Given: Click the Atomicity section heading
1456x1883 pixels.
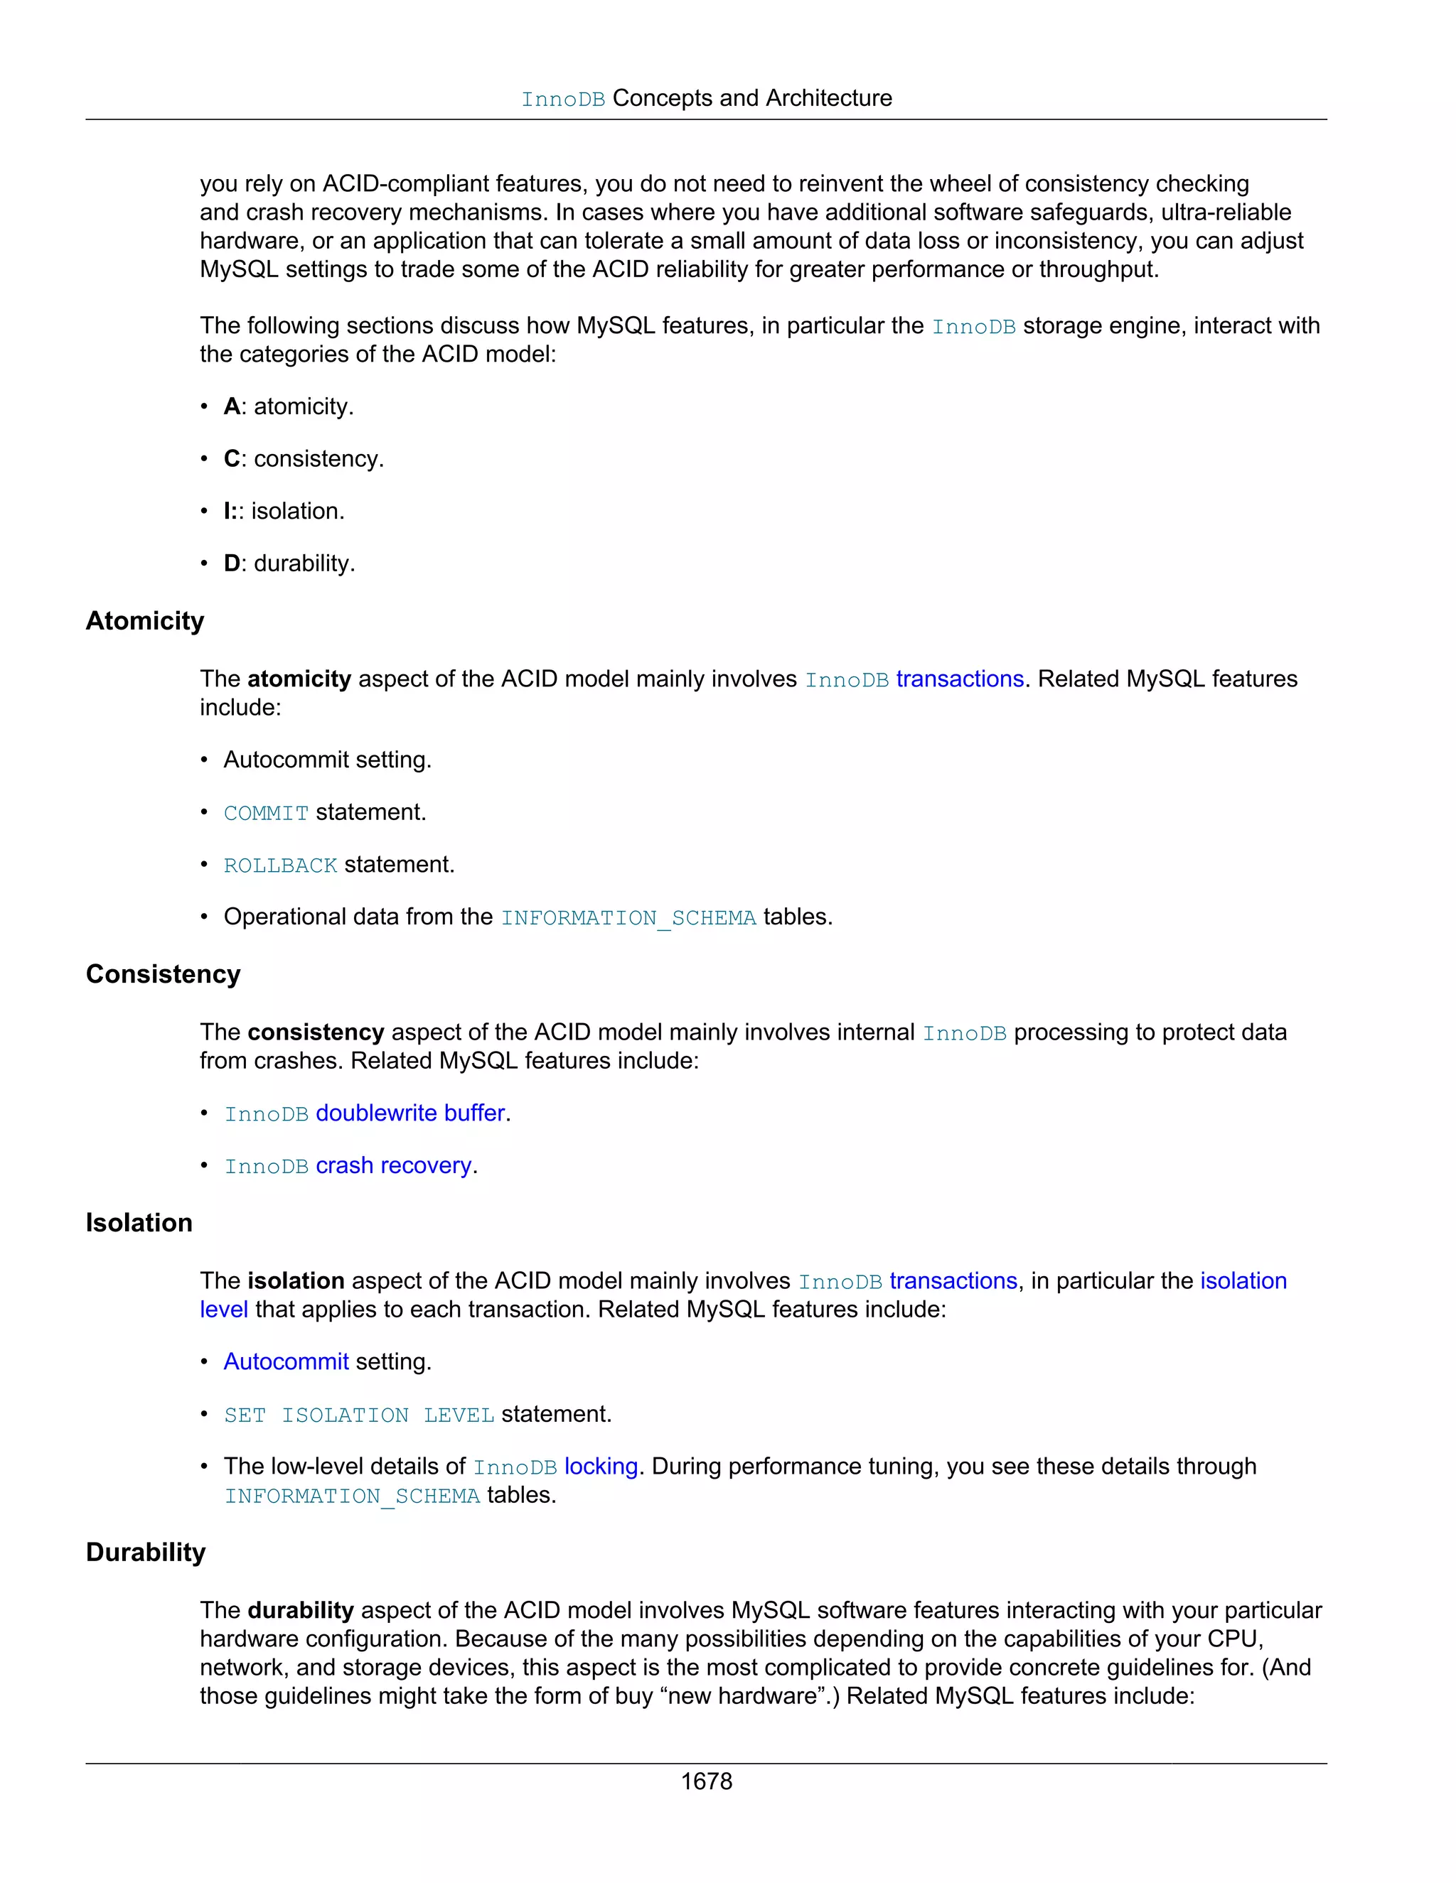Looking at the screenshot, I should click(145, 621).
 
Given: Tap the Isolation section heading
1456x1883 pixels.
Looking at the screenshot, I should click(139, 1223).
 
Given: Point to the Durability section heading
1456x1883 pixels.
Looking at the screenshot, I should click(146, 1552).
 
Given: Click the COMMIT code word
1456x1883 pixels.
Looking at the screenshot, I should click(266, 813).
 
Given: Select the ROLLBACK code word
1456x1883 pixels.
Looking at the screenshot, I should click(280, 865).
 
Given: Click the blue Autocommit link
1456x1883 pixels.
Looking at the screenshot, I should click(286, 1361).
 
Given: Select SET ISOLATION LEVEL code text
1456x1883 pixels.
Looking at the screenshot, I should click(359, 1415).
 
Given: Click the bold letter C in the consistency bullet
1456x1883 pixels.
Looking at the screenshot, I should click(231, 459).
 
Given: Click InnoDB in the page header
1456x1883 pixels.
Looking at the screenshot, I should click(562, 99).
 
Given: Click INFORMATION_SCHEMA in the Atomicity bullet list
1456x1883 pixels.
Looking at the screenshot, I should click(628, 918).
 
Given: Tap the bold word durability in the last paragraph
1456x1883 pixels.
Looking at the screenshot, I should click(300, 1611).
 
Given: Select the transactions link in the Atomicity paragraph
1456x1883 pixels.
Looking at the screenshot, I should click(959, 679).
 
